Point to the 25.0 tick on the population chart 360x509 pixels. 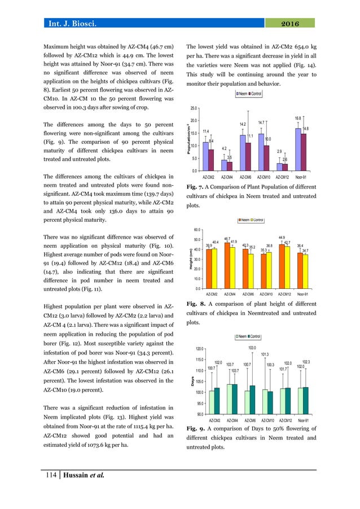(193, 108)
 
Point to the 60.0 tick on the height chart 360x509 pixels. (196, 230)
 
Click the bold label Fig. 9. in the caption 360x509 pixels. (195, 429)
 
